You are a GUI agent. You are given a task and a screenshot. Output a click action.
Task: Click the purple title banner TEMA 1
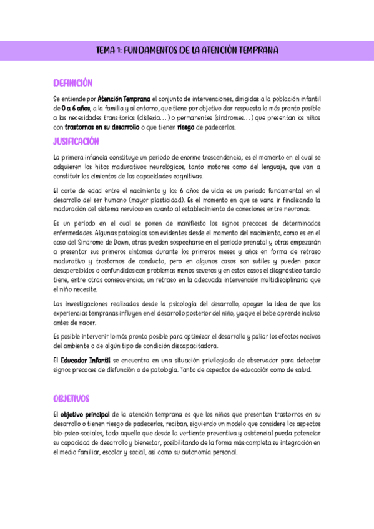(187, 51)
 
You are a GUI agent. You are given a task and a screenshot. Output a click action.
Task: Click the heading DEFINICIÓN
(72, 83)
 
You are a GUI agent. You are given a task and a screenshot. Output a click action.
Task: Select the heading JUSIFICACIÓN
(76, 142)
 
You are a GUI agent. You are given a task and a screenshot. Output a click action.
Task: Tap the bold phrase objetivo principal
(86, 414)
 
